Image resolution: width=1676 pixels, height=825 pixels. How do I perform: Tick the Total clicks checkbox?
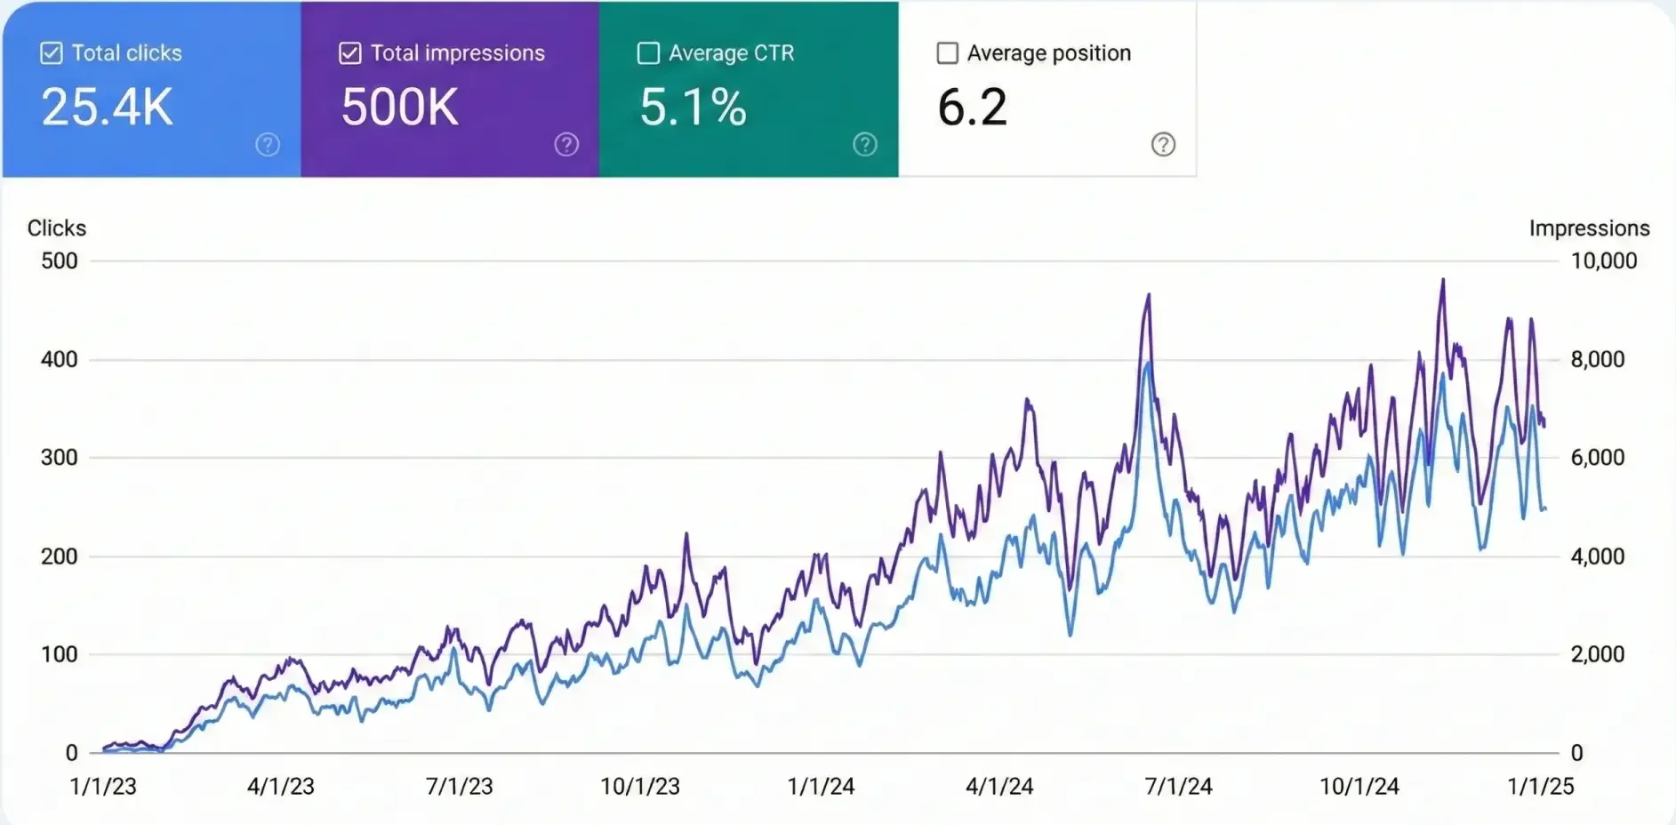(x=52, y=53)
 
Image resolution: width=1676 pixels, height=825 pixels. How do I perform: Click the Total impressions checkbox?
(x=350, y=53)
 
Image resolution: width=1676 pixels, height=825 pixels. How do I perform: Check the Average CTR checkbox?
(x=649, y=53)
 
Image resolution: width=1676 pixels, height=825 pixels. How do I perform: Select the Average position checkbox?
(x=948, y=53)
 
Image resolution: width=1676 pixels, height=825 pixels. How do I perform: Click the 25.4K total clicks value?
(x=107, y=107)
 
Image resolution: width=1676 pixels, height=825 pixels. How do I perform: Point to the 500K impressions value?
(x=400, y=107)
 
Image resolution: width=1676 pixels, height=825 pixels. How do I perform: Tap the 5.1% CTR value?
(x=693, y=107)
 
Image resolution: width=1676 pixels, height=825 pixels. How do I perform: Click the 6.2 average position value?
(x=972, y=107)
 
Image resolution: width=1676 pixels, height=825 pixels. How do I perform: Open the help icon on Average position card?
(x=1163, y=144)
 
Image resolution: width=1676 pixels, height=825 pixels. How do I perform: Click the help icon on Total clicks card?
(x=268, y=144)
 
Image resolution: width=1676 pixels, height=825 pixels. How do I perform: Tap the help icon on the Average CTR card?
(x=865, y=144)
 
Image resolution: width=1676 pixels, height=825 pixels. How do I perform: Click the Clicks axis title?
(x=57, y=228)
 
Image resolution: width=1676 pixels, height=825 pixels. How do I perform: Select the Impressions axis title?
(x=1589, y=228)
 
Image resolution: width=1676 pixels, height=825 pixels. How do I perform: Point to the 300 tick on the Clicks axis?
(x=60, y=457)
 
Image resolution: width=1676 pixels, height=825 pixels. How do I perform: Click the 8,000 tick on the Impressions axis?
(x=1597, y=359)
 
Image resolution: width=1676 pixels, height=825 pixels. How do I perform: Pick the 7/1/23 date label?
(x=459, y=786)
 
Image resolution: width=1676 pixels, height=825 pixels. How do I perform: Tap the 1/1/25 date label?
(x=1540, y=786)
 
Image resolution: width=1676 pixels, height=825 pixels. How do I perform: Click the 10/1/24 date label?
(x=1359, y=786)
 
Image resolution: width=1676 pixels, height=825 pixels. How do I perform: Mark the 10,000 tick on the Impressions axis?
(x=1603, y=260)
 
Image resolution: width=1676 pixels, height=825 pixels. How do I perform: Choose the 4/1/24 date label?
(x=999, y=786)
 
